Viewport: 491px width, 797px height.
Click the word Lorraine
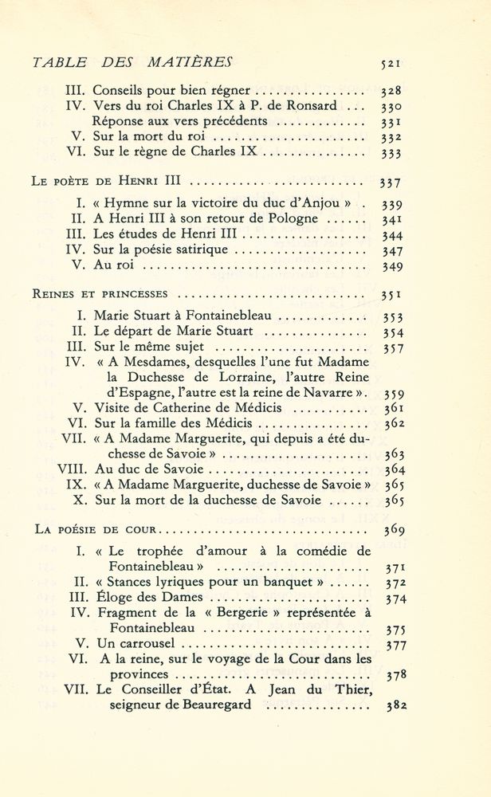click(x=237, y=377)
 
